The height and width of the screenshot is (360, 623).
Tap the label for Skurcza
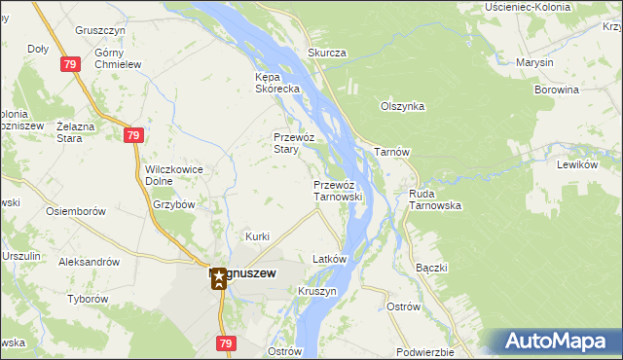[x=327, y=53]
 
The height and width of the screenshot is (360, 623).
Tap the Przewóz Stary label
[x=292, y=144]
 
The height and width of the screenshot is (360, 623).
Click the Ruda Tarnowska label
[x=435, y=199]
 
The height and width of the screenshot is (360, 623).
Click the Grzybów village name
[x=175, y=205]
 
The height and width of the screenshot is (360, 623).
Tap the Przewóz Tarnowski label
[x=338, y=190]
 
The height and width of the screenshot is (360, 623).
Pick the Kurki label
[x=257, y=236]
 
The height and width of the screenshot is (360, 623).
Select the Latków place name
[x=329, y=260]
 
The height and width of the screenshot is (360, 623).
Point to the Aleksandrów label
[x=89, y=262]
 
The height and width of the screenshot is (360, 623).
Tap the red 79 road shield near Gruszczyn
[x=70, y=64]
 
